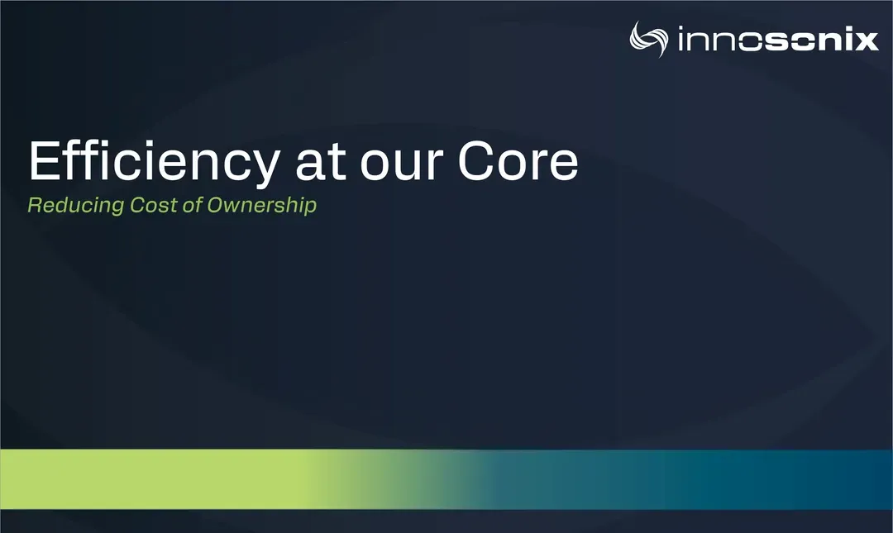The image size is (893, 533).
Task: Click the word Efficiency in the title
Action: click(x=154, y=163)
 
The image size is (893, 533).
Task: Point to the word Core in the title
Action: click(x=518, y=160)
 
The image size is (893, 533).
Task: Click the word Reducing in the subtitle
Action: click(x=76, y=206)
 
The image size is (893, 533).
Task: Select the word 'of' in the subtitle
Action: click(x=192, y=205)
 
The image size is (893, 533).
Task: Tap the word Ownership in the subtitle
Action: click(x=261, y=206)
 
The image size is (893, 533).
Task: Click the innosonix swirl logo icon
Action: click(x=649, y=40)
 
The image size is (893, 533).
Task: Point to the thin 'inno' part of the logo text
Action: click(x=720, y=40)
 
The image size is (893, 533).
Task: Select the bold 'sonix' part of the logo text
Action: click(x=821, y=40)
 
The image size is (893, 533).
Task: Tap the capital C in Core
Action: click(x=477, y=160)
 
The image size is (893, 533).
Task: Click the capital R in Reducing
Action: click(x=35, y=205)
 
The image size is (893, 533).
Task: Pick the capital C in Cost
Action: click(x=138, y=205)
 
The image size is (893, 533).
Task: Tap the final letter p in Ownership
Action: click(x=310, y=208)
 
